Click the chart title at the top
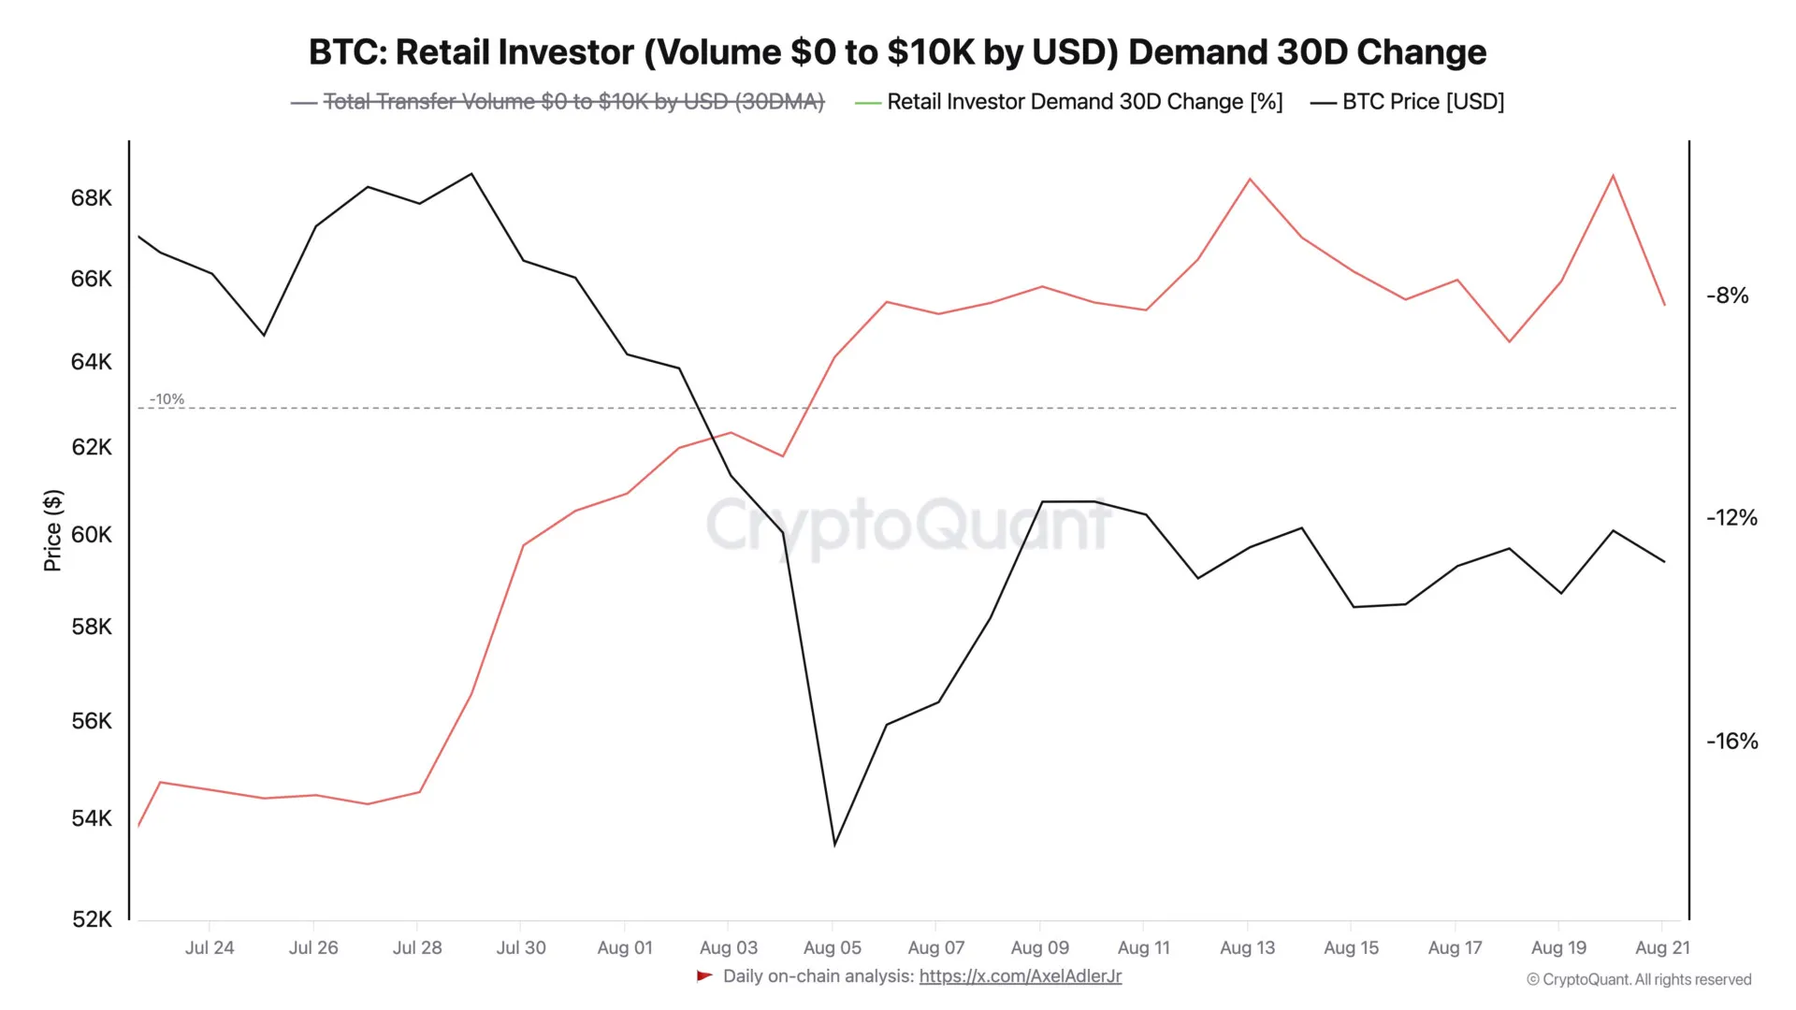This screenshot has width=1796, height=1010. [897, 52]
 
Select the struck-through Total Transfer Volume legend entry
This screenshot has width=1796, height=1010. [572, 102]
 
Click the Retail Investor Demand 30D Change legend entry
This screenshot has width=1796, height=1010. [1084, 102]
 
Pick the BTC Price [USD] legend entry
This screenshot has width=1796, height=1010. [1422, 102]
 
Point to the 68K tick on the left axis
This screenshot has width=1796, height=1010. [91, 198]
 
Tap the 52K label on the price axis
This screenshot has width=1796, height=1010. [91, 919]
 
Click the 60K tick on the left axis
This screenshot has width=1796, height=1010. [91, 535]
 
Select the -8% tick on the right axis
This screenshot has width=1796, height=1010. [1727, 296]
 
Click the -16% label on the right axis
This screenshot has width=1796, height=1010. [1731, 742]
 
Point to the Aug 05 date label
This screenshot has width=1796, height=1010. [832, 948]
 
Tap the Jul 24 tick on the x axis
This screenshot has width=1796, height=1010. [209, 948]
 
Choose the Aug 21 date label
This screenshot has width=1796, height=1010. [1662, 948]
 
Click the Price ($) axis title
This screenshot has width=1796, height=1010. [53, 530]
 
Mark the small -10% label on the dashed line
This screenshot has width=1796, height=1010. [167, 399]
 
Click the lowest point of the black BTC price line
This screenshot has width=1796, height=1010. [834, 844]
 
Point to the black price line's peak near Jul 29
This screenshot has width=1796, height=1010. [471, 174]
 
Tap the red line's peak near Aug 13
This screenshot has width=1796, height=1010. [1250, 179]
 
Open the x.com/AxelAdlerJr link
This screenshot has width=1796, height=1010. [1020, 976]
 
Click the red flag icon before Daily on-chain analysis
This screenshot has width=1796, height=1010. [704, 976]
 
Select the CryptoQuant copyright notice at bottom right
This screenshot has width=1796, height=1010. [1639, 980]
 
